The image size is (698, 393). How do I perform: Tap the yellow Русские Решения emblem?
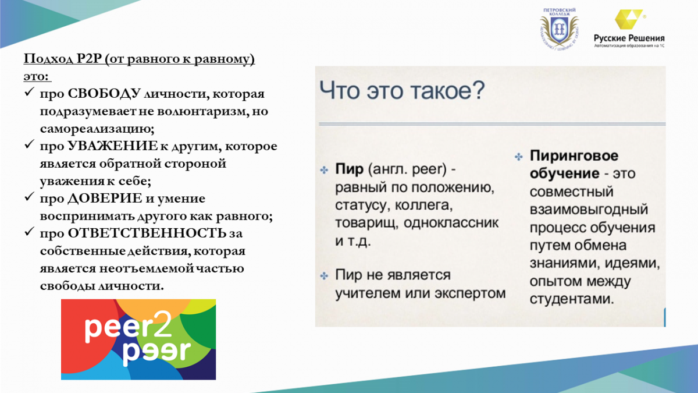coord(629,19)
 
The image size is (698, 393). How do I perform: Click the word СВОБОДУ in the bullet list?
coord(104,94)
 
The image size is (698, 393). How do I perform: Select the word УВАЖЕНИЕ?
coord(113,146)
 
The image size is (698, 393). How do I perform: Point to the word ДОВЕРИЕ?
coord(105,199)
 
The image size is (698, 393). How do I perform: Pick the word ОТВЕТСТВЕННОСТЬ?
coord(147,233)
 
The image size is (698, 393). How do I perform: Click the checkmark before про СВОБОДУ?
coord(29,92)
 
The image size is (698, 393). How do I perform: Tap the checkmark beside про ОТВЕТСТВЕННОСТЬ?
coord(29,232)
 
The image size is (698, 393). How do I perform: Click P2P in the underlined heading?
coord(89,59)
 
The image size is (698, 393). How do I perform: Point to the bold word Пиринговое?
coord(574,155)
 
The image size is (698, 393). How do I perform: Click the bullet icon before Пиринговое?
coord(518,157)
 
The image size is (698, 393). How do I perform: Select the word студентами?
coord(572,299)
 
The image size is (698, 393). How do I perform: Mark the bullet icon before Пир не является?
coord(324,276)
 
